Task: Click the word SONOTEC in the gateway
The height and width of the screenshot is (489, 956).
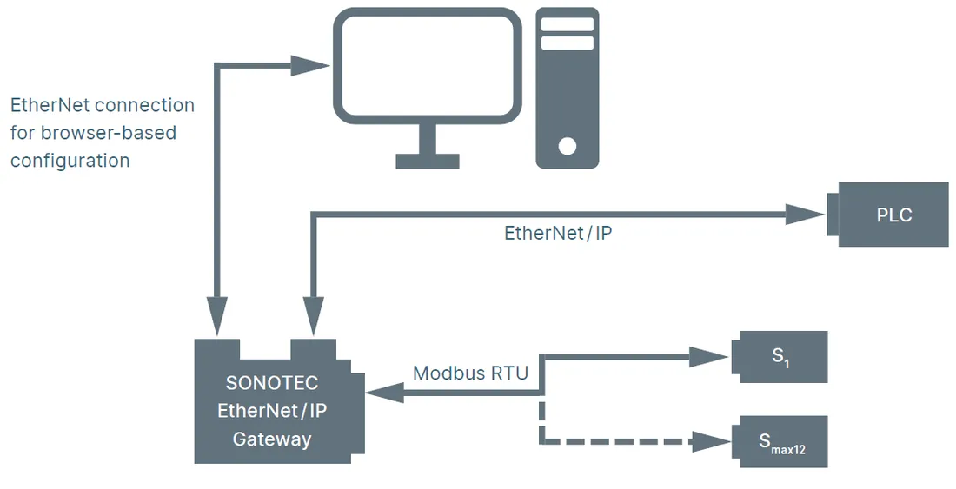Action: tap(272, 382)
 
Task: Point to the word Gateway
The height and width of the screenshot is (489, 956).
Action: tap(272, 439)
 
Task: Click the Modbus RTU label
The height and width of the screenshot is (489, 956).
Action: tap(470, 373)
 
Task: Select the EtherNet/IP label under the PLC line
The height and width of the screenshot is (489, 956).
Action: tap(558, 233)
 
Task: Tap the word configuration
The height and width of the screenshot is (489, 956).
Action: tap(70, 161)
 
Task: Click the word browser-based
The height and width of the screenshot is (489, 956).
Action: tap(109, 133)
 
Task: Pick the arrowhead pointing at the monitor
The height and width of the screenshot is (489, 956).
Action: tap(309, 66)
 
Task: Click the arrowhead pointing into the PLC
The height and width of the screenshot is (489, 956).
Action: tap(805, 215)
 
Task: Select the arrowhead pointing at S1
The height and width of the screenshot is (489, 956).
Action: tap(709, 357)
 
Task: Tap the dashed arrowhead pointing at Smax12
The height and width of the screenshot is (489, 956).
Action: tap(710, 441)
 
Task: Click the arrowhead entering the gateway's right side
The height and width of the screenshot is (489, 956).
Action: tap(385, 393)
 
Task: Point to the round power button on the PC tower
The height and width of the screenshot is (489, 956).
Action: tap(567, 146)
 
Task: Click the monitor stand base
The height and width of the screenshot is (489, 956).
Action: tap(428, 161)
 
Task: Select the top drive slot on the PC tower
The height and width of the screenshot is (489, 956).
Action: tap(567, 24)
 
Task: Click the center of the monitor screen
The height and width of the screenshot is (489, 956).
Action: tap(428, 63)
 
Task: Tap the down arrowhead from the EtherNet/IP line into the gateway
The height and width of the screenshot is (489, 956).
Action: tap(314, 317)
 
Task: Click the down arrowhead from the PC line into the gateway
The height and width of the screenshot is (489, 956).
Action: tap(216, 317)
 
